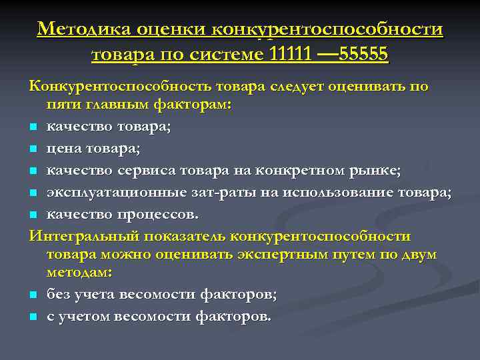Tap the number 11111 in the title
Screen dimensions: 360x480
tap(290, 54)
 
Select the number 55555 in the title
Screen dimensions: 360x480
tap(364, 54)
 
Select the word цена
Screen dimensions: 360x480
tap(63, 147)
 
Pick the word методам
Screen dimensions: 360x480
tap(79, 273)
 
